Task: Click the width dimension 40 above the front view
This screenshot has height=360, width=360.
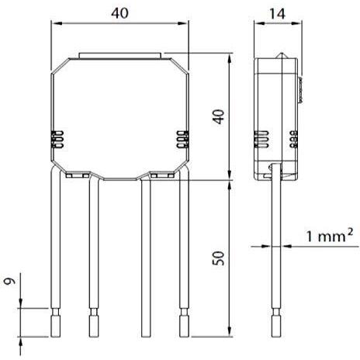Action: pos(119,13)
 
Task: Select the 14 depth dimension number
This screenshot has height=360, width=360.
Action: pos(277,14)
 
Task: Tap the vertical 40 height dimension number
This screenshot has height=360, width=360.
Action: pos(219,117)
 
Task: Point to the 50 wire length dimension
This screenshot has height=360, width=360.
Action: pos(219,258)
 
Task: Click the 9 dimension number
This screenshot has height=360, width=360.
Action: pos(10,281)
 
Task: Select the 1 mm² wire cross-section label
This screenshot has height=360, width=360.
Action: pos(330,235)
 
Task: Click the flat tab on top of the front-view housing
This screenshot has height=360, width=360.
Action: pos(120,56)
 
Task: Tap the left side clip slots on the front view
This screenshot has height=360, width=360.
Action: pos(57,140)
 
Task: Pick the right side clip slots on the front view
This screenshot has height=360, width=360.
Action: pos(182,140)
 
